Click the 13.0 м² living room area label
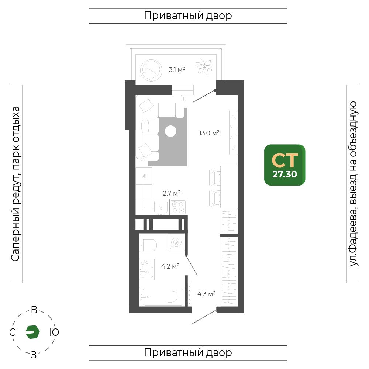click(x=209, y=133)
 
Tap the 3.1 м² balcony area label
click(x=177, y=69)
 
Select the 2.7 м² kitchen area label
click(x=172, y=193)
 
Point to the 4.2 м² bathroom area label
click(x=170, y=266)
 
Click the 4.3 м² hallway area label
click(x=206, y=294)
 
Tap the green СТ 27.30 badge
click(x=285, y=165)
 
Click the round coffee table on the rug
click(x=170, y=131)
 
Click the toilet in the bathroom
click(x=148, y=245)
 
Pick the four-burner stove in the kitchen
click(x=178, y=207)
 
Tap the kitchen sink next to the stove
click(x=161, y=207)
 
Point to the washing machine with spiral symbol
click(x=176, y=242)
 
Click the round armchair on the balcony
click(x=151, y=70)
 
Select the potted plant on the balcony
click(x=204, y=67)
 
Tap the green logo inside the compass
click(x=33, y=332)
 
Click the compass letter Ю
click(x=54, y=332)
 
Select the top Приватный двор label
click(x=188, y=16)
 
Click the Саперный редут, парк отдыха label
click(x=15, y=184)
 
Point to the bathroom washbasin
click(x=147, y=270)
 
